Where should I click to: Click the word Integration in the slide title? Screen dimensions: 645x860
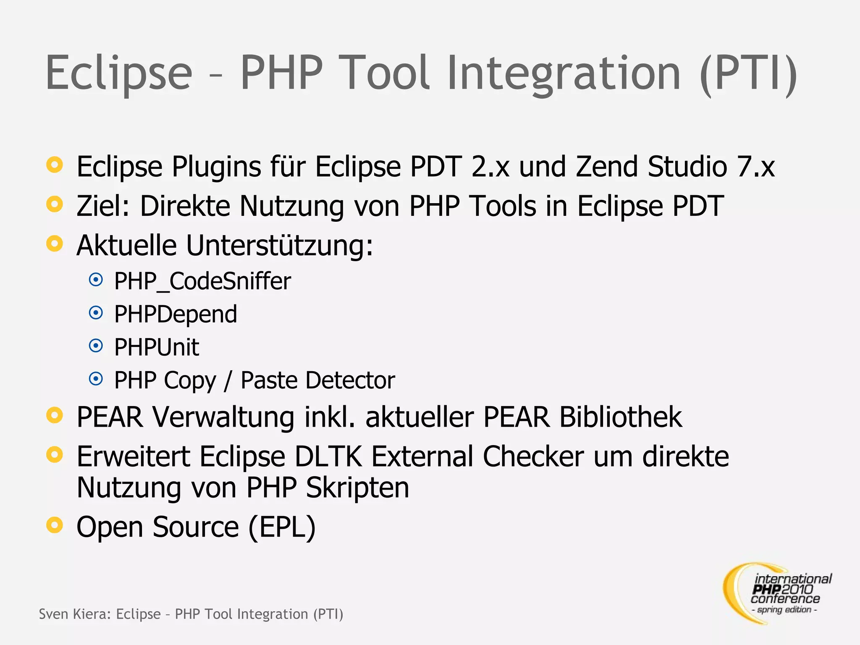(x=563, y=73)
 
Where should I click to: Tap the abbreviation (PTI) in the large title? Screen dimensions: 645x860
(x=749, y=73)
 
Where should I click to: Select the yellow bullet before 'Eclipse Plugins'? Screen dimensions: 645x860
(x=55, y=165)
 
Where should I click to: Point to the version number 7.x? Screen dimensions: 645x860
(x=756, y=167)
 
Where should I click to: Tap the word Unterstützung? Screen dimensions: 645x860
(x=279, y=245)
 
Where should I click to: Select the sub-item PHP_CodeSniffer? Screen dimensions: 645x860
(x=202, y=281)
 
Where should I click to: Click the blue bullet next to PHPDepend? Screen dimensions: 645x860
(x=96, y=313)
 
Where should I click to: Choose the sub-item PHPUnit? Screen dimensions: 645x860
(x=157, y=347)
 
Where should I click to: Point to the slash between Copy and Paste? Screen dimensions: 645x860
(x=228, y=380)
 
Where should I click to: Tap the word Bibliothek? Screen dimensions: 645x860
(x=620, y=417)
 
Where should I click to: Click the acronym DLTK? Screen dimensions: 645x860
(x=328, y=456)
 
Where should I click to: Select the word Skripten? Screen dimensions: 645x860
(x=357, y=488)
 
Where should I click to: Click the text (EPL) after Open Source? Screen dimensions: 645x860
(x=282, y=527)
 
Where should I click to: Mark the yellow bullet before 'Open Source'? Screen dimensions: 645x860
(x=55, y=525)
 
